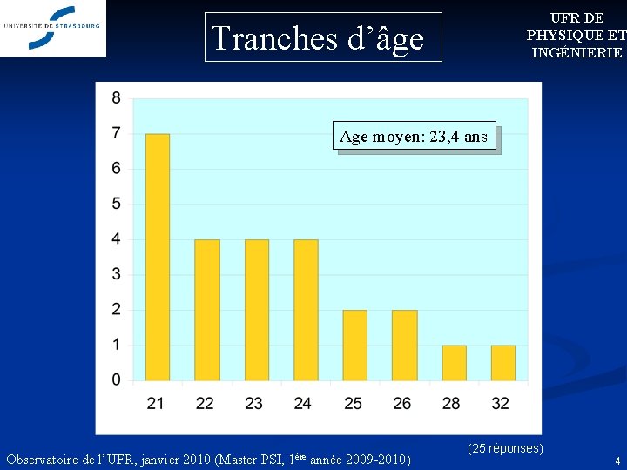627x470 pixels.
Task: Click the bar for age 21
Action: point(157,257)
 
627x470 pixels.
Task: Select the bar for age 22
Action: point(206,310)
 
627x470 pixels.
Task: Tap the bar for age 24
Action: point(306,310)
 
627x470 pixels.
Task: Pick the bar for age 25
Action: point(354,345)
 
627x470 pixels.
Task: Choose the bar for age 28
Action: point(454,363)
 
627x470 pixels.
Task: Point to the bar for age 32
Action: point(502,363)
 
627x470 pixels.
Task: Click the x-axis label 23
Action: point(254,403)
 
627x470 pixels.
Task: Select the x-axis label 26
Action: point(402,403)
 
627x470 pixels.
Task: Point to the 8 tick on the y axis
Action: point(117,98)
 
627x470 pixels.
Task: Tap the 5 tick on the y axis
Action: point(117,204)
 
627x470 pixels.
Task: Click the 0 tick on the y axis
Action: point(117,380)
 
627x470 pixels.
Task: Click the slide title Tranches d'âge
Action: point(318,38)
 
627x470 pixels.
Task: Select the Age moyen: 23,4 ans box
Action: point(415,137)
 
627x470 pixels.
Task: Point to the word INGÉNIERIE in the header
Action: point(577,52)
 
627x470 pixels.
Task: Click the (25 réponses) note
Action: point(505,448)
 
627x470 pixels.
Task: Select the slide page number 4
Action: point(617,461)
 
